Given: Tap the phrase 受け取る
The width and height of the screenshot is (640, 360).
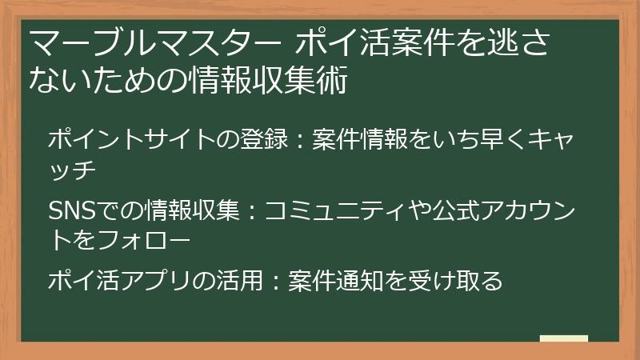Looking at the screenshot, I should pyautogui.click(x=469, y=281).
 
